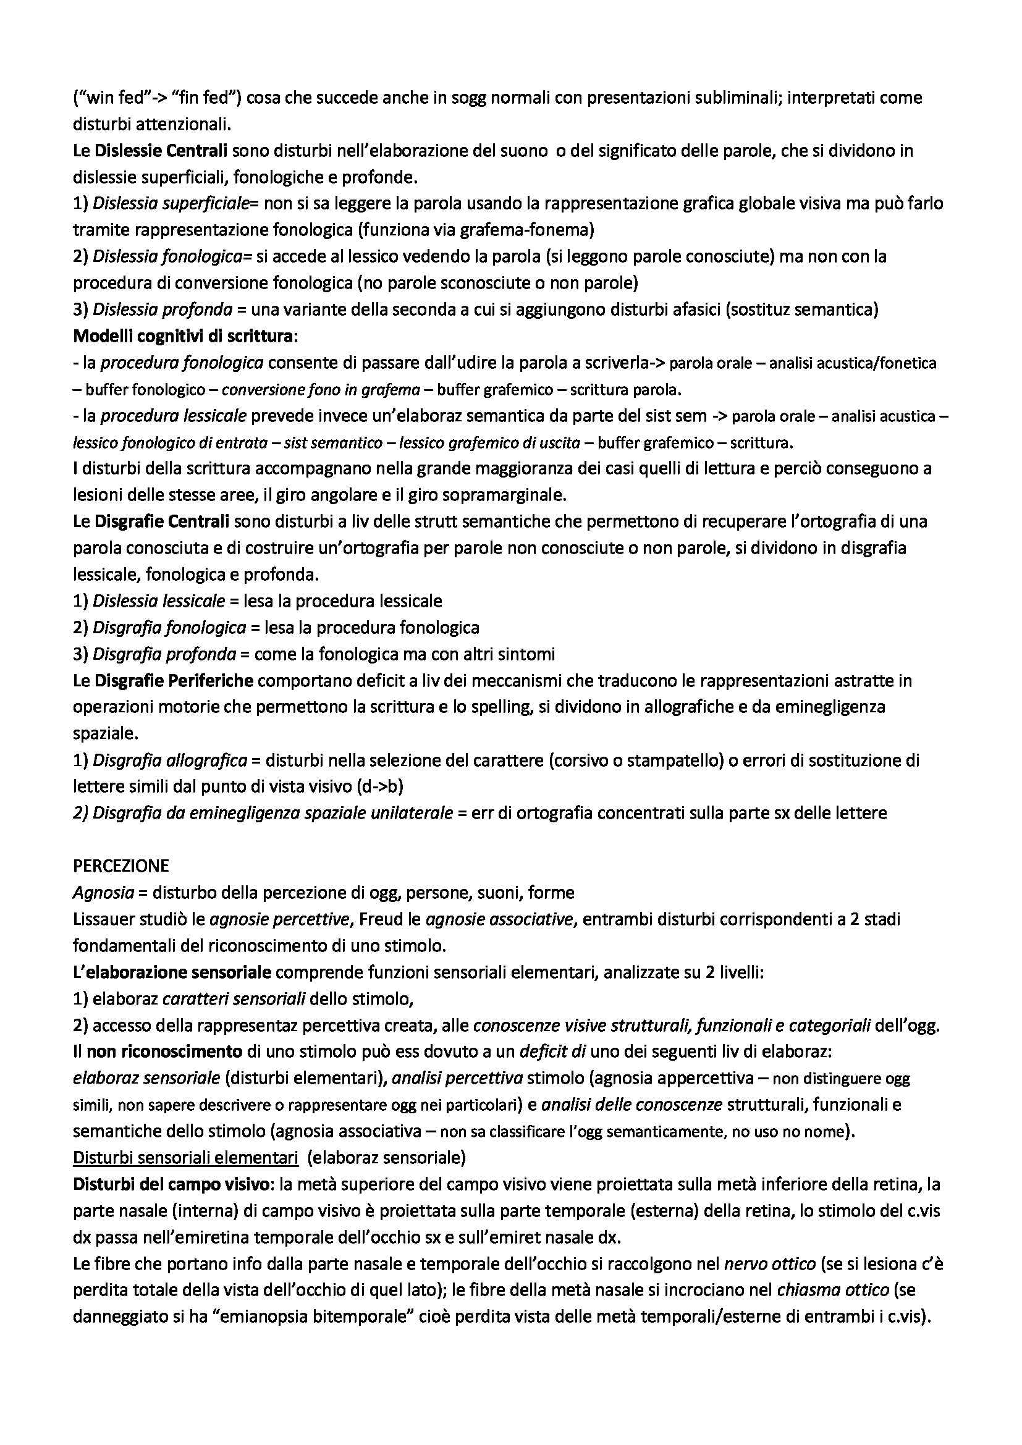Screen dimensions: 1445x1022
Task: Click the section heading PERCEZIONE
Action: click(x=121, y=866)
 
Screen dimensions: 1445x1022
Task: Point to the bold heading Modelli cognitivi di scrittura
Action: click(x=183, y=336)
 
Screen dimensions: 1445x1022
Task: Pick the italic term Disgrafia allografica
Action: click(x=170, y=760)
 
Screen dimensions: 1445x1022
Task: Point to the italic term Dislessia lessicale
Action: click(x=159, y=601)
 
